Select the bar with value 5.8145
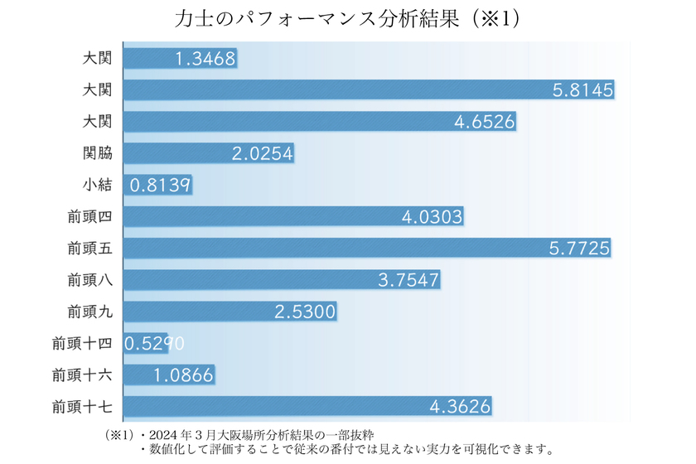click(x=369, y=90)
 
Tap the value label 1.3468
click(x=206, y=59)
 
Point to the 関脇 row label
click(x=98, y=153)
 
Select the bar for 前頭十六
click(x=169, y=375)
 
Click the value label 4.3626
click(x=461, y=406)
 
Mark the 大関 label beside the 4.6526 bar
click(x=98, y=122)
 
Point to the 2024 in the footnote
click(x=166, y=434)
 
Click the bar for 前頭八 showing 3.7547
click(x=282, y=280)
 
